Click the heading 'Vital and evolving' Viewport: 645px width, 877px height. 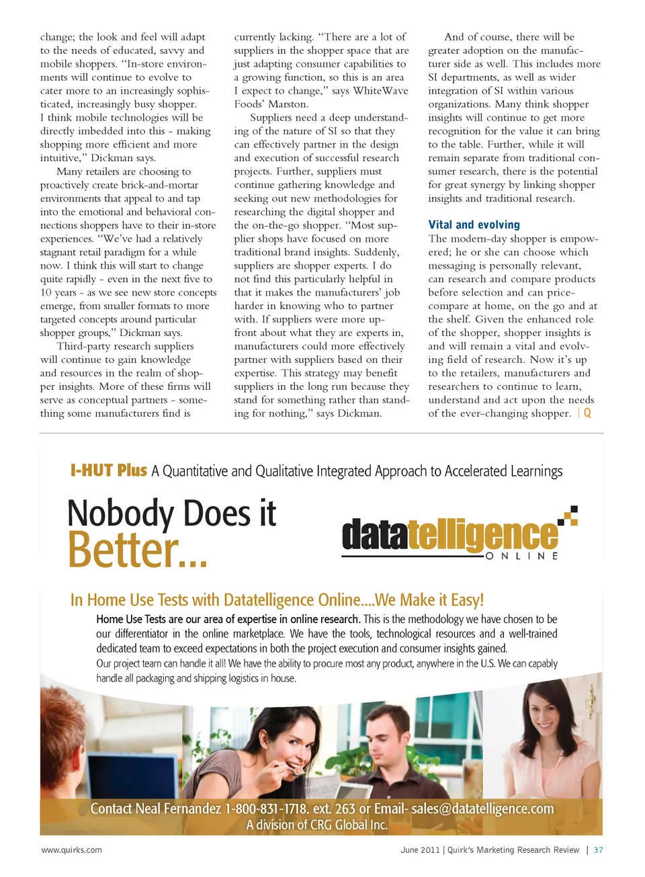(x=474, y=225)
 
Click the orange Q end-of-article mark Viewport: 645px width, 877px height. (x=587, y=413)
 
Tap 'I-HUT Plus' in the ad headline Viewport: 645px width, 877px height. (x=108, y=470)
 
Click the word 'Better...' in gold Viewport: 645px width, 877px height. (x=137, y=550)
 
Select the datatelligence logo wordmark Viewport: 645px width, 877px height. (x=449, y=535)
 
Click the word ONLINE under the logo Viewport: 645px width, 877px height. (x=521, y=556)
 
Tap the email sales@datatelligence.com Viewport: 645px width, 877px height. (x=482, y=808)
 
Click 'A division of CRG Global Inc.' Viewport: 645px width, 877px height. (x=316, y=825)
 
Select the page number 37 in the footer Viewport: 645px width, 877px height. (x=598, y=850)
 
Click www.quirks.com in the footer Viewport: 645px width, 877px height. (x=72, y=850)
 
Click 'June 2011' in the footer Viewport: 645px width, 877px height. (x=420, y=850)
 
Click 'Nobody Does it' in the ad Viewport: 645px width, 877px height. (x=172, y=514)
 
